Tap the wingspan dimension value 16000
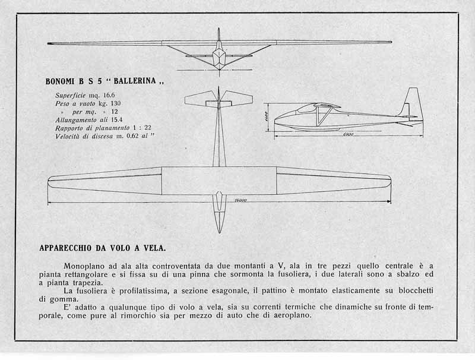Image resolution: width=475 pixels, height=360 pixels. pos(240,200)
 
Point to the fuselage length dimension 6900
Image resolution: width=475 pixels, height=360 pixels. pos(348,134)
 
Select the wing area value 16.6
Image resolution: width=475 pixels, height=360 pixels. pos(109,95)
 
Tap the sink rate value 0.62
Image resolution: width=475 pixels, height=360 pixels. pos(132,136)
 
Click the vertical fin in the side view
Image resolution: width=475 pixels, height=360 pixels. pos(411,102)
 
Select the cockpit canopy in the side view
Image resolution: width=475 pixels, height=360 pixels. pos(305,108)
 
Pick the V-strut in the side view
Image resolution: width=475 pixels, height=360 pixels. pos(322,116)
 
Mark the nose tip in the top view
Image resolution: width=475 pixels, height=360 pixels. pos(219,233)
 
